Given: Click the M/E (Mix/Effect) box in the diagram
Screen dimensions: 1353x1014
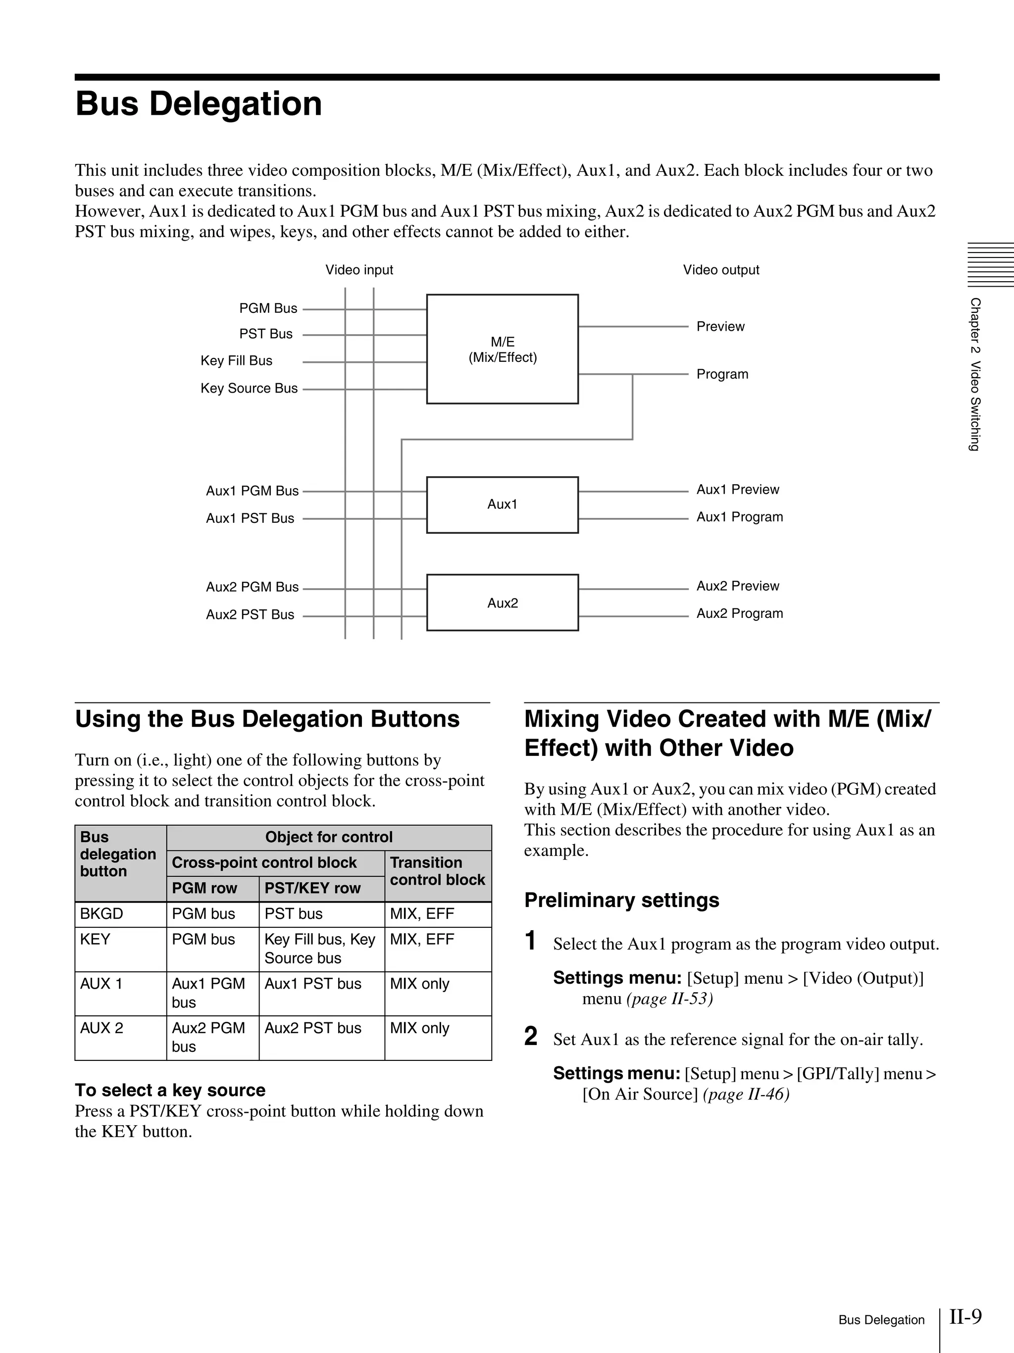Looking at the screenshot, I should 502,349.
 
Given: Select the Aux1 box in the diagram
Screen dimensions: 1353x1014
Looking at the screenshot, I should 502,504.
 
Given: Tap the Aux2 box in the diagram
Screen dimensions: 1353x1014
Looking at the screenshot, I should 502,602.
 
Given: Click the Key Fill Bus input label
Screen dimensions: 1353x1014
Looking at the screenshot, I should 236,361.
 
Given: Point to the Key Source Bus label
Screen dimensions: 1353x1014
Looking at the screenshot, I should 249,389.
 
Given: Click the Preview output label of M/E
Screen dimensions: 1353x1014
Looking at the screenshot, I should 720,327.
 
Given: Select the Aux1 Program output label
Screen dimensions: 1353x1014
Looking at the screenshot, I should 739,517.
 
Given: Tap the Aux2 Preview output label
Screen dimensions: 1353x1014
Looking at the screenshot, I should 738,586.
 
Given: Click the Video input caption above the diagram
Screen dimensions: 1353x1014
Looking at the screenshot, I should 359,270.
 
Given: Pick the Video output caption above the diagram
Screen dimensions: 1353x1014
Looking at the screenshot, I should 721,270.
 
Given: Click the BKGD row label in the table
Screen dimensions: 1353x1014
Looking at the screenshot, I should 101,914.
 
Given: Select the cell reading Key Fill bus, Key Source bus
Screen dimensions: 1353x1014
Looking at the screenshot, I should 320,948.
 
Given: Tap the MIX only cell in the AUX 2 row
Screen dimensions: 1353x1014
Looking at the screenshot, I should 419,1028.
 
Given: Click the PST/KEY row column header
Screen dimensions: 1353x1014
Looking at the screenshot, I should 312,888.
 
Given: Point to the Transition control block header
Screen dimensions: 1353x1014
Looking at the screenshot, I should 437,871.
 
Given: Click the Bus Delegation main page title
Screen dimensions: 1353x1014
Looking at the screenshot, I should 198,103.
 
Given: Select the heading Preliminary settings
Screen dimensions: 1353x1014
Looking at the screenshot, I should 621,900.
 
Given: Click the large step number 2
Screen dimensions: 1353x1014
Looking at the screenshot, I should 531,1036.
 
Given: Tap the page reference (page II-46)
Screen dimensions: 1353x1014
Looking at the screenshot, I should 746,1094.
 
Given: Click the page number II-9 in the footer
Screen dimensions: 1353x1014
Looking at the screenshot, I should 965,1316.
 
